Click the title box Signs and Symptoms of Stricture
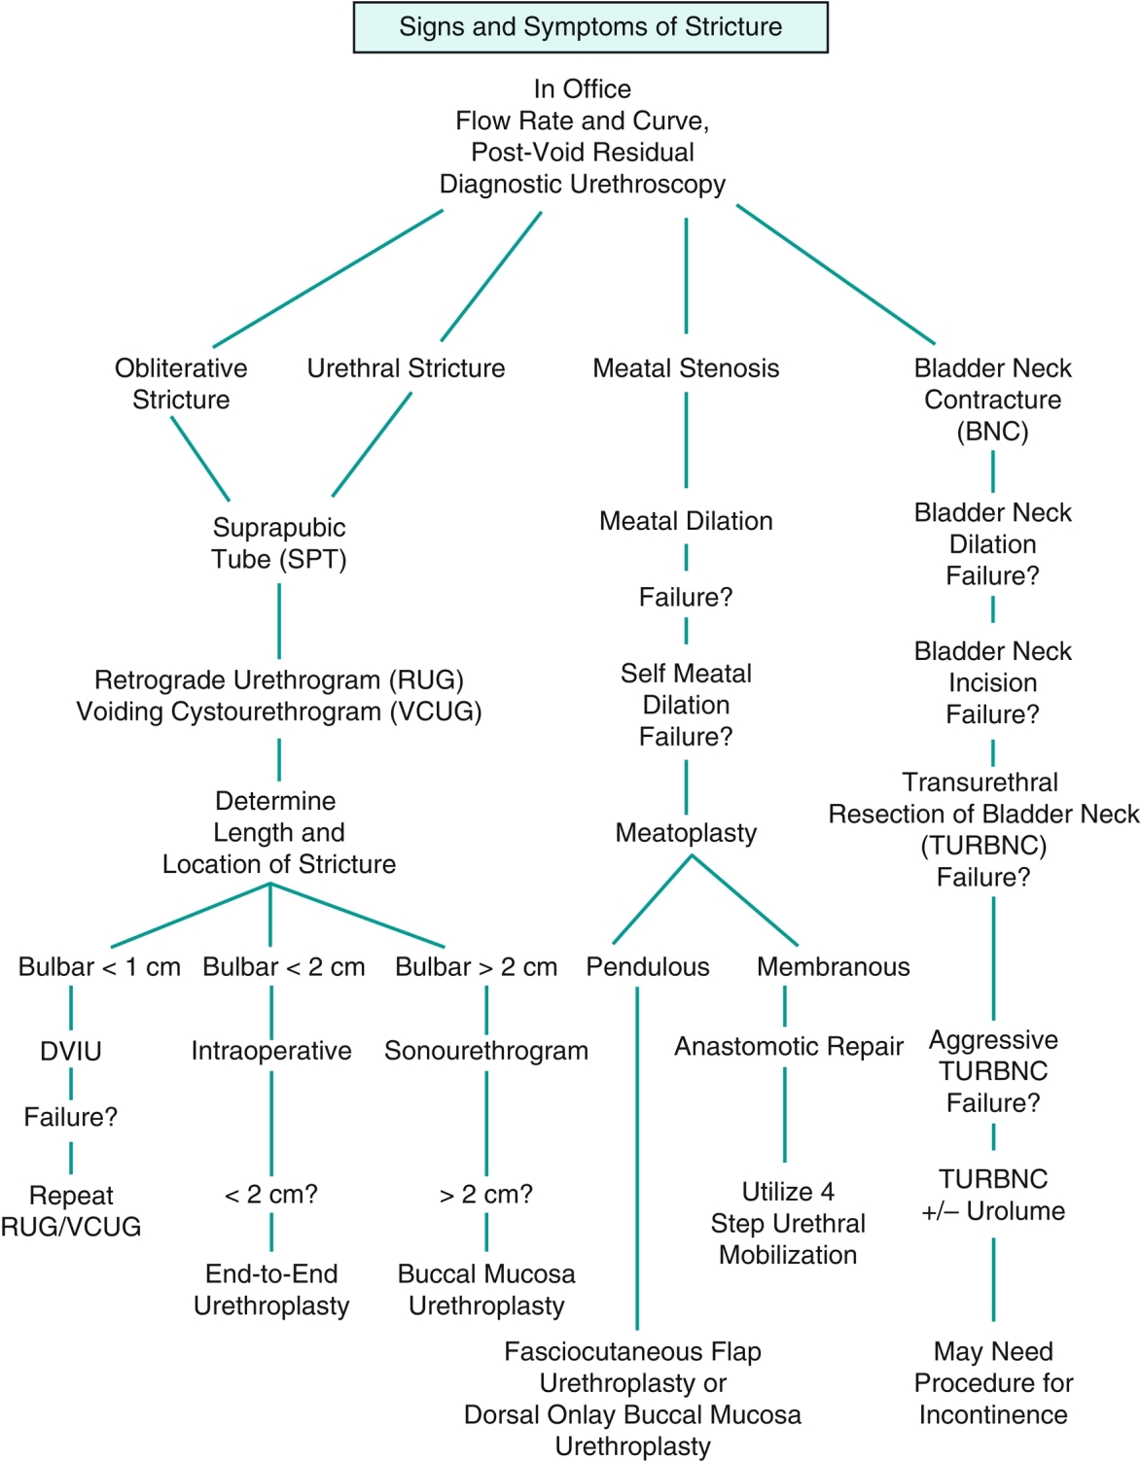(589, 27)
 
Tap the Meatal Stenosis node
(686, 368)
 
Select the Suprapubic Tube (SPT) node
(279, 543)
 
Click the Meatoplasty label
(686, 833)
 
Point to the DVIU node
(71, 1051)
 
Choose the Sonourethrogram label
(486, 1051)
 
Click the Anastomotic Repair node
(789, 1047)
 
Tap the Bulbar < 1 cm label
(99, 967)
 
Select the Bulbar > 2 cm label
(477, 967)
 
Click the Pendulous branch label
(648, 967)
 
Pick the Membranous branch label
(834, 967)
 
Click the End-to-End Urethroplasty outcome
(271, 1290)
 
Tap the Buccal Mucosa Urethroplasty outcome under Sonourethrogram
(486, 1290)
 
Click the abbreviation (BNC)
(992, 432)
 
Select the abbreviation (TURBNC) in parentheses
(983, 846)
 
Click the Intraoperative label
(271, 1051)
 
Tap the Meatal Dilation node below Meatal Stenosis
(686, 521)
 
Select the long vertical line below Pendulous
(637, 1157)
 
